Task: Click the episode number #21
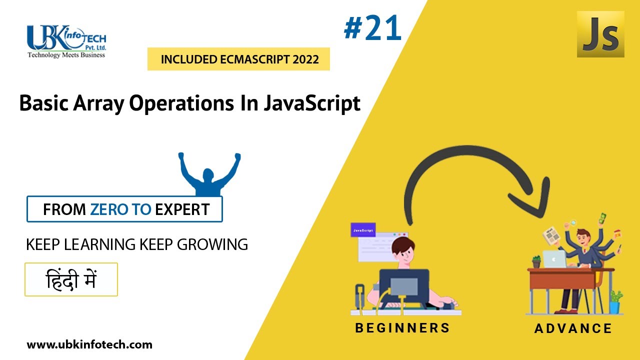click(x=373, y=29)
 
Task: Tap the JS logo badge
click(x=600, y=34)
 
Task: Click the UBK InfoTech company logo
click(x=66, y=41)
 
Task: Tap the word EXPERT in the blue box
click(x=182, y=209)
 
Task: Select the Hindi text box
click(x=71, y=279)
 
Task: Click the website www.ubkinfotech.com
click(x=89, y=344)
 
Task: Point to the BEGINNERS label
click(x=402, y=328)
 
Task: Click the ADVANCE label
click(x=573, y=328)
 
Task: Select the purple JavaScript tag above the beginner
click(x=363, y=230)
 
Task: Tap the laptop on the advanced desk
click(x=554, y=259)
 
